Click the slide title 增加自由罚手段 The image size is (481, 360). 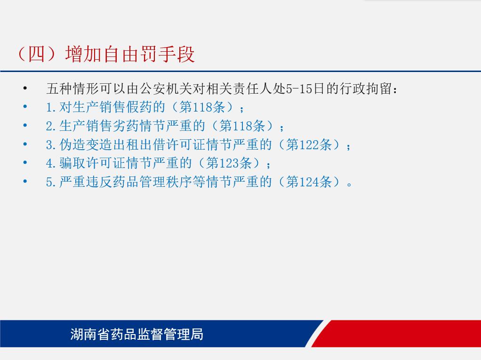coord(130,54)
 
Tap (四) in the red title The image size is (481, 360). coord(37,54)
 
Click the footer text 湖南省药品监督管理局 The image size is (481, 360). coord(137,334)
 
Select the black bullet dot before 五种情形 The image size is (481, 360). coord(25,89)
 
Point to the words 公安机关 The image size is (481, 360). coord(166,89)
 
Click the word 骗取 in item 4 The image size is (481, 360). coord(72,163)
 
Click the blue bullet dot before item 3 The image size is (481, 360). coord(25,144)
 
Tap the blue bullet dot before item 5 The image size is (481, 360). coord(25,182)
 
